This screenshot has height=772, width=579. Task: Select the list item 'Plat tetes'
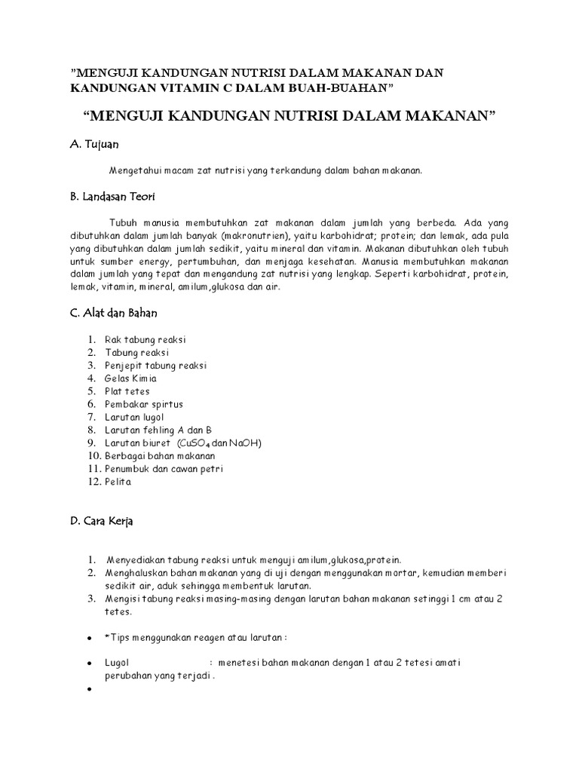pos(127,391)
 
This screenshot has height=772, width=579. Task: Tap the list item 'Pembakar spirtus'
pos(144,404)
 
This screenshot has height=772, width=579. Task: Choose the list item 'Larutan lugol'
pos(134,417)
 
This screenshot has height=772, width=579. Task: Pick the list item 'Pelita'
pos(118,482)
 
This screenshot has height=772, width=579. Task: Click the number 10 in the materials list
pos(94,456)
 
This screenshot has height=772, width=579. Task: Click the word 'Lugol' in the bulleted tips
pos(118,663)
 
